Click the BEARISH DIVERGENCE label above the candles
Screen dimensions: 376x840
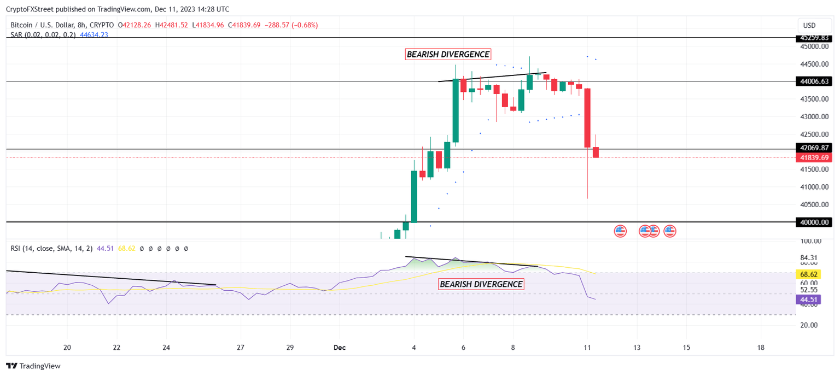(448, 54)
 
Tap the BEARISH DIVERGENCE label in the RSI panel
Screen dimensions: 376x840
(481, 284)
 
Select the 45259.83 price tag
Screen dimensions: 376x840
(814, 38)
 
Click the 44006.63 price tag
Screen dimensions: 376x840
(814, 81)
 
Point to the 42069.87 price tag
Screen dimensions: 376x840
(814, 148)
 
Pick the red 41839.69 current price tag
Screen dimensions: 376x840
(814, 157)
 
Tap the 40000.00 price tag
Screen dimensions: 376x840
(814, 222)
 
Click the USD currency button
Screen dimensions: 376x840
(809, 25)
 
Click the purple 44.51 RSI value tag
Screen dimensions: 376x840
(815, 299)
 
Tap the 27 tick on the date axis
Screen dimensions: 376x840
(241, 348)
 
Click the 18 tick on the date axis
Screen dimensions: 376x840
(761, 348)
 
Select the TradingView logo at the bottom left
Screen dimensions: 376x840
(33, 366)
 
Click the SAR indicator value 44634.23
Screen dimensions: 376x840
(94, 35)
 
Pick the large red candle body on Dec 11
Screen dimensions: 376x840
(587, 117)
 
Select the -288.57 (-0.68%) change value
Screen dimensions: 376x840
(290, 25)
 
